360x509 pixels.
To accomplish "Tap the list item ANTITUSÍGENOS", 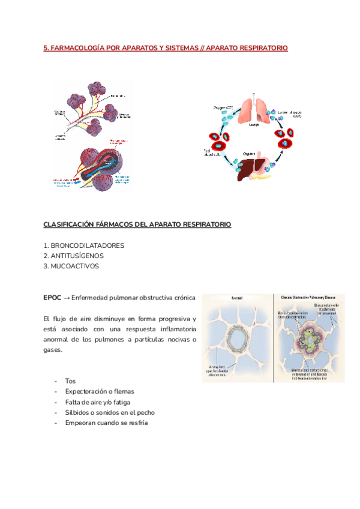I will pos(79,256).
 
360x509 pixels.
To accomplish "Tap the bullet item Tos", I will pos(70,381).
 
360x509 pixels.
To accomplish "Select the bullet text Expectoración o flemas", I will pos(99,391).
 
